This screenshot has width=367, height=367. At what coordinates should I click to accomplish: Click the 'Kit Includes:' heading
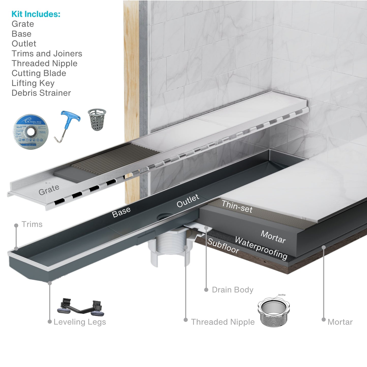(36, 14)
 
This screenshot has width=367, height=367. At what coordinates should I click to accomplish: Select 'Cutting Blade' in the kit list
(39, 73)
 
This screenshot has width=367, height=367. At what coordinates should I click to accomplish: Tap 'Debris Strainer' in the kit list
(41, 93)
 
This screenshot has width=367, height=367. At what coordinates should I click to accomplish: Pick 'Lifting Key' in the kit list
(33, 83)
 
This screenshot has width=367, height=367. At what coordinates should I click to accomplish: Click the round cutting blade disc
(31, 132)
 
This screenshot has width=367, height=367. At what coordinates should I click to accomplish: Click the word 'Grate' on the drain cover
(49, 190)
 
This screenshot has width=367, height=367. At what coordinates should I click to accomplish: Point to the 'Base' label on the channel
(121, 212)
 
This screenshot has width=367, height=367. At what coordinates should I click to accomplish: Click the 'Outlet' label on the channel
(188, 201)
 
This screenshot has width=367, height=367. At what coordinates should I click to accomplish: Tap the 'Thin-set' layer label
(237, 206)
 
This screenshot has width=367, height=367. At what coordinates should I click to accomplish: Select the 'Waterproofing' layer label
(261, 248)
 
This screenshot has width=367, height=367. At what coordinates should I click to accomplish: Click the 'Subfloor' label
(223, 246)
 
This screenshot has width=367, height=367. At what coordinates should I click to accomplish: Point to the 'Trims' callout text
(32, 224)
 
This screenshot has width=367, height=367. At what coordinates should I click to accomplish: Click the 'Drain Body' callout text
(233, 290)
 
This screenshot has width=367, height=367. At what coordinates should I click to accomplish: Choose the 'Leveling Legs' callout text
(80, 322)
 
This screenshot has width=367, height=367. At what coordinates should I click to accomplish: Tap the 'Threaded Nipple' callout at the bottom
(223, 322)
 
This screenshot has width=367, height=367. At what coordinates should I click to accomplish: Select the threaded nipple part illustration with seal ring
(274, 312)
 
